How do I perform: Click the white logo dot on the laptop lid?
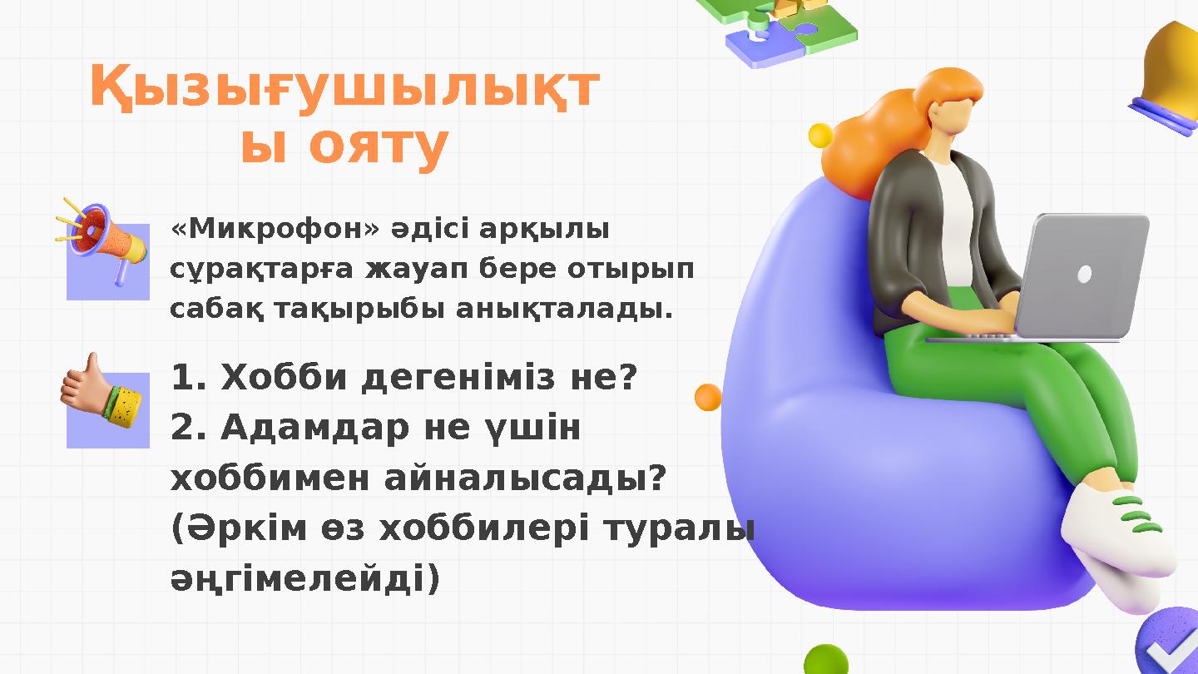point(1084,274)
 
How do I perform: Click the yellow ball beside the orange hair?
point(821,136)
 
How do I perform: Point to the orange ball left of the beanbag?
point(708,397)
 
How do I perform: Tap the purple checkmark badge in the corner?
point(1170,646)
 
